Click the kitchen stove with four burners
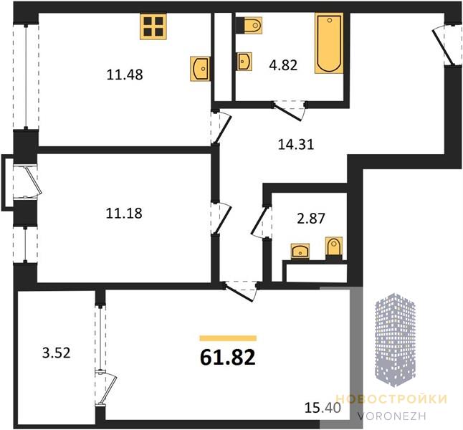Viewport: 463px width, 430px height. coord(153,27)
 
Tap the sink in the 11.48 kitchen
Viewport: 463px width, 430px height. coord(200,69)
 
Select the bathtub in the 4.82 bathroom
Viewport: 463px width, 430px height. coord(329,43)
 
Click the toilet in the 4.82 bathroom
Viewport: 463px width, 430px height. coord(249,25)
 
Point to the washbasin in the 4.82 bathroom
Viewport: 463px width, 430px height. coord(244,62)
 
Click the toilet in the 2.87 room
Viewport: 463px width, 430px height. coord(334,248)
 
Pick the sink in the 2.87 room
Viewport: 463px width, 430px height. coord(300,252)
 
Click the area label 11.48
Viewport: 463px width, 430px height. coord(125,75)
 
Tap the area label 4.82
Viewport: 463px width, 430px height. coord(283,65)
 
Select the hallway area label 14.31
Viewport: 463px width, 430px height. coord(296,145)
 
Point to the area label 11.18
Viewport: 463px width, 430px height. coord(124,213)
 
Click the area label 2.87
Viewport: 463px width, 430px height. coord(311,219)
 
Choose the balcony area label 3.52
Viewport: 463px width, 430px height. coord(57,353)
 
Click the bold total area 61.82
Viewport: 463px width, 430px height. coord(228,357)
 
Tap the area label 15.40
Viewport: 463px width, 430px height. coord(323,408)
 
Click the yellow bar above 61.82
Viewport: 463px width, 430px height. coord(228,338)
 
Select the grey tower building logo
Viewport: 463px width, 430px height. coord(396,340)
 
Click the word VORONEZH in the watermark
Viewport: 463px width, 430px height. coord(392,416)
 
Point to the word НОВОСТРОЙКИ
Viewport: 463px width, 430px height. coord(391,399)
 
